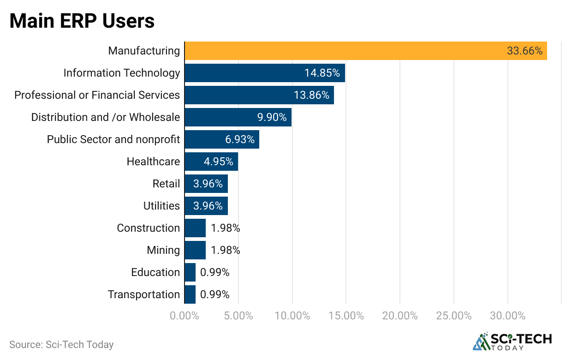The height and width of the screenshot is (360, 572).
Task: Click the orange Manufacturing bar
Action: (x=365, y=51)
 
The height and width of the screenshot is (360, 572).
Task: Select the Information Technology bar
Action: (x=265, y=73)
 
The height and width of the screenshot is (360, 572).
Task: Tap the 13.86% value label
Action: (x=311, y=95)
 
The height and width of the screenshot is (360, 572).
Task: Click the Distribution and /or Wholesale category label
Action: (x=106, y=117)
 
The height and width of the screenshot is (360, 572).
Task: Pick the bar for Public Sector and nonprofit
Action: (x=222, y=139)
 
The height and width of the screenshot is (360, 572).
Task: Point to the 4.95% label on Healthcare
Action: (x=218, y=162)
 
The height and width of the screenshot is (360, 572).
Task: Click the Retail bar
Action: (x=206, y=184)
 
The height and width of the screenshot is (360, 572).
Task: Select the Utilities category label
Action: (x=161, y=206)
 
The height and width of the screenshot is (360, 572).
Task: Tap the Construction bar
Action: (x=195, y=228)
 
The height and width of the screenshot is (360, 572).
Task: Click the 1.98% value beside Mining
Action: (x=226, y=250)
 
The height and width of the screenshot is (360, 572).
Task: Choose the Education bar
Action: (x=190, y=272)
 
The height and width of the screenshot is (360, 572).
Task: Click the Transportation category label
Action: (x=144, y=294)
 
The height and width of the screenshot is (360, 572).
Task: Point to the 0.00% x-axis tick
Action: (x=185, y=316)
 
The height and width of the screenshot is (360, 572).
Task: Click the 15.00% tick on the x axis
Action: (x=346, y=316)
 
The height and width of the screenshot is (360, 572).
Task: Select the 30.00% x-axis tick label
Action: (x=507, y=316)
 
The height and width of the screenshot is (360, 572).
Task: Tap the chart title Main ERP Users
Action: (x=82, y=21)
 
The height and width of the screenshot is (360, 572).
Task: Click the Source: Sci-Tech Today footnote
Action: (x=61, y=345)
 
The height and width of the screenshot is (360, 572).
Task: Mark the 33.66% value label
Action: (x=524, y=51)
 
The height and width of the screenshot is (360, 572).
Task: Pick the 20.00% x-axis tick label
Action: (x=400, y=316)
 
